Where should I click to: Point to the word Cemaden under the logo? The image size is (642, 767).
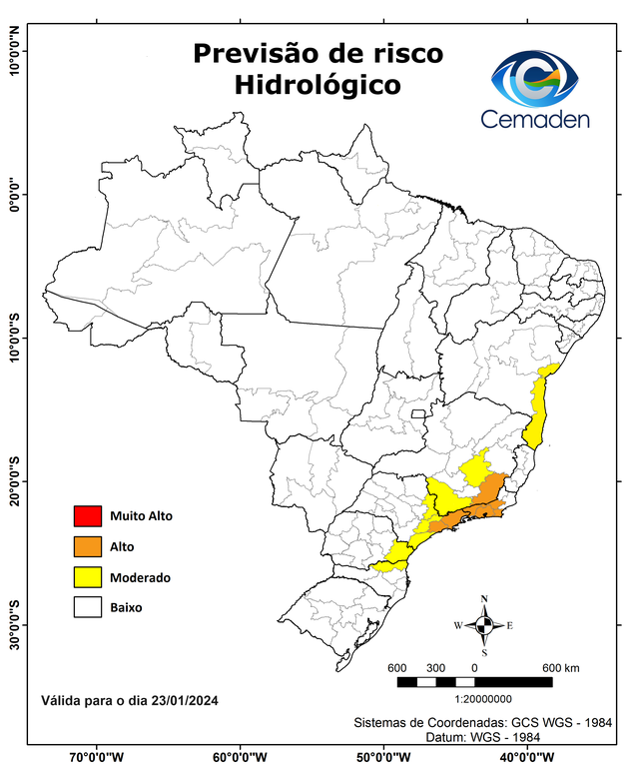[x=535, y=120]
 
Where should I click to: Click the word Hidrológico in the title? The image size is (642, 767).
[x=318, y=86]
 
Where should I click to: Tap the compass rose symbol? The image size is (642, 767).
[x=484, y=626]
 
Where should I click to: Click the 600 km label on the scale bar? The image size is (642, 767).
[x=560, y=668]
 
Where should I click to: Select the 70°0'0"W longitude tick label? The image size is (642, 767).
[x=97, y=756]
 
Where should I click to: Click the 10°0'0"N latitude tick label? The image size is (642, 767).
[x=14, y=50]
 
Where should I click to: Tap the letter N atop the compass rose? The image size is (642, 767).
[x=484, y=600]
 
